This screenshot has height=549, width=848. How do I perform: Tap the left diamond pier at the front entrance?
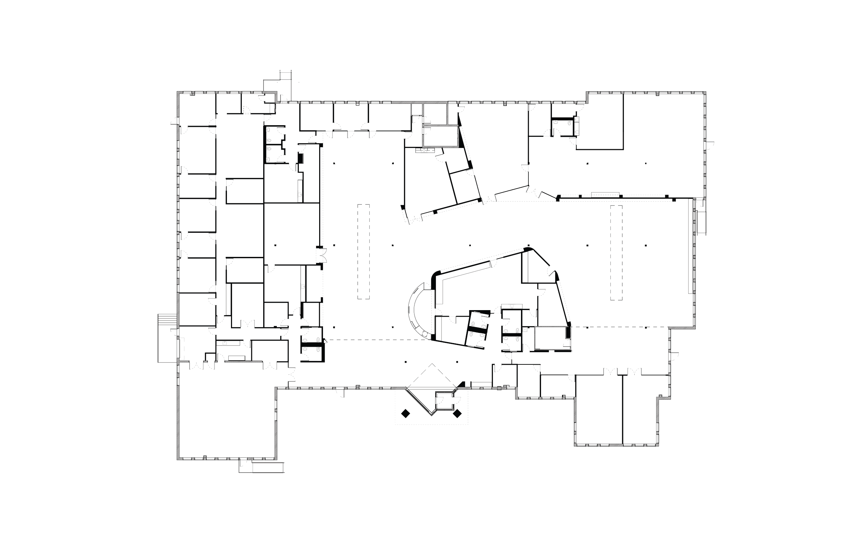405,414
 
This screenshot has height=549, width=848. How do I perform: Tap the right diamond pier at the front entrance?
458,414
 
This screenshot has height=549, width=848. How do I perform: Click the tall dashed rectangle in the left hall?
363,251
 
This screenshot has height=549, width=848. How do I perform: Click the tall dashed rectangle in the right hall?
617,252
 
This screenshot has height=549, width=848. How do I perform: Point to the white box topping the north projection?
285,76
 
